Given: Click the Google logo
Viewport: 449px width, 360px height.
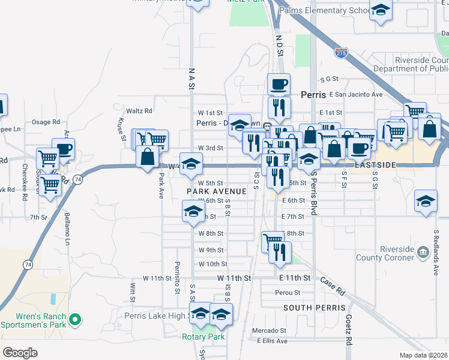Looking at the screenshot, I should coord(20,352).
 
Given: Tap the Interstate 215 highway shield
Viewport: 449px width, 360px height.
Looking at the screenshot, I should coord(340,52).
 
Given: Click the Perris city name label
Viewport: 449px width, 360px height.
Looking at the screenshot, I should coord(312,95).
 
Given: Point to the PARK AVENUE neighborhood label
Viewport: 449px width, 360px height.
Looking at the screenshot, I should coord(217,191).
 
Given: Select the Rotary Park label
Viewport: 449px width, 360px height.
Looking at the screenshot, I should coord(203,337).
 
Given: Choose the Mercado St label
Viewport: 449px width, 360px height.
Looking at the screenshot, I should coord(268,331).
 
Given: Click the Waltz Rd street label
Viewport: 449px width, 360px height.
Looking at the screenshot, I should coord(139,110).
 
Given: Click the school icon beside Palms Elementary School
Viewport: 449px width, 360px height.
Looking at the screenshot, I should coord(381,10).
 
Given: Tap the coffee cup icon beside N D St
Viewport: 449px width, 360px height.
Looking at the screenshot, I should coord(279,84).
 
